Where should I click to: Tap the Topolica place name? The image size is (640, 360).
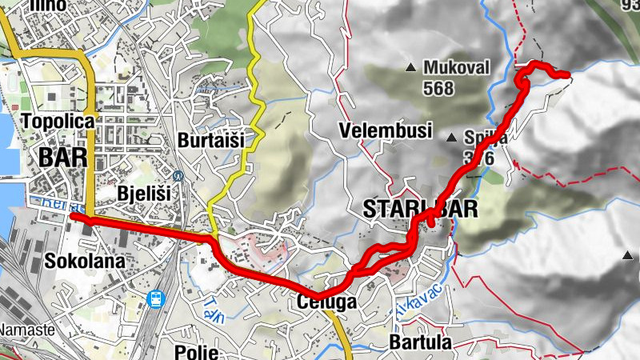click(x=59, y=122)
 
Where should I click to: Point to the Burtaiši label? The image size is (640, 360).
click(x=211, y=139)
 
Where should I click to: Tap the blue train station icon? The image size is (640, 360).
click(x=157, y=299)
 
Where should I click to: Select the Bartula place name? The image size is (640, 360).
click(x=420, y=342)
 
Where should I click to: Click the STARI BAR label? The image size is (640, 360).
click(x=420, y=210)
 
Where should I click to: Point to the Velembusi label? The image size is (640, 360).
click(x=385, y=130)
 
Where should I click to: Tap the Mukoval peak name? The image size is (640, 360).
click(x=456, y=67)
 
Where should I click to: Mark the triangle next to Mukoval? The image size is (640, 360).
click(x=411, y=67)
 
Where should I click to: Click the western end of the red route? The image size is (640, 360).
click(x=73, y=215)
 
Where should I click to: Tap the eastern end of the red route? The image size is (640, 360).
click(x=567, y=75)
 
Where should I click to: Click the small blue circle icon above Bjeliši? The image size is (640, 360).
click(x=178, y=175)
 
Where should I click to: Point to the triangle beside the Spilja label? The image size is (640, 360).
click(x=451, y=137)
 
